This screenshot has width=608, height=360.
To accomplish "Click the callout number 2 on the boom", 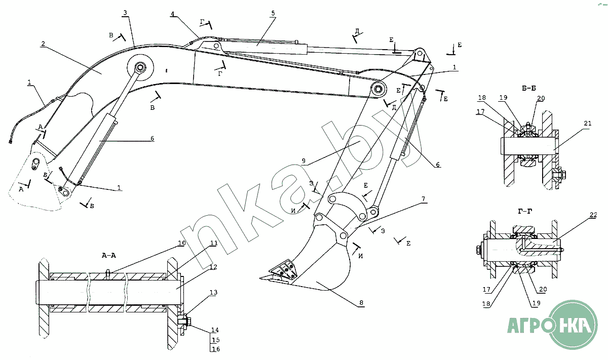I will pyautogui.click(x=44, y=44).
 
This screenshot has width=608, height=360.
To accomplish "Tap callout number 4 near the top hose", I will pyautogui.click(x=173, y=15).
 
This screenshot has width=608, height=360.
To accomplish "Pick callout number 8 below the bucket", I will pyautogui.click(x=361, y=303).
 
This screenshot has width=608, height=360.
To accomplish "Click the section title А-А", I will pyautogui.click(x=108, y=256).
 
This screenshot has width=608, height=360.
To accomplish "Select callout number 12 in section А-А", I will pyautogui.click(x=213, y=267).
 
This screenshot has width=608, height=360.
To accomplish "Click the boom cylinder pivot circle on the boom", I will pyautogui.click(x=140, y=67).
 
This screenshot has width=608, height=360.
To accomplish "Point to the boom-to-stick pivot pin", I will pyautogui.click(x=378, y=90).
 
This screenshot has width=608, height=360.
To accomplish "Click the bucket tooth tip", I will pyautogui.click(x=261, y=277).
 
